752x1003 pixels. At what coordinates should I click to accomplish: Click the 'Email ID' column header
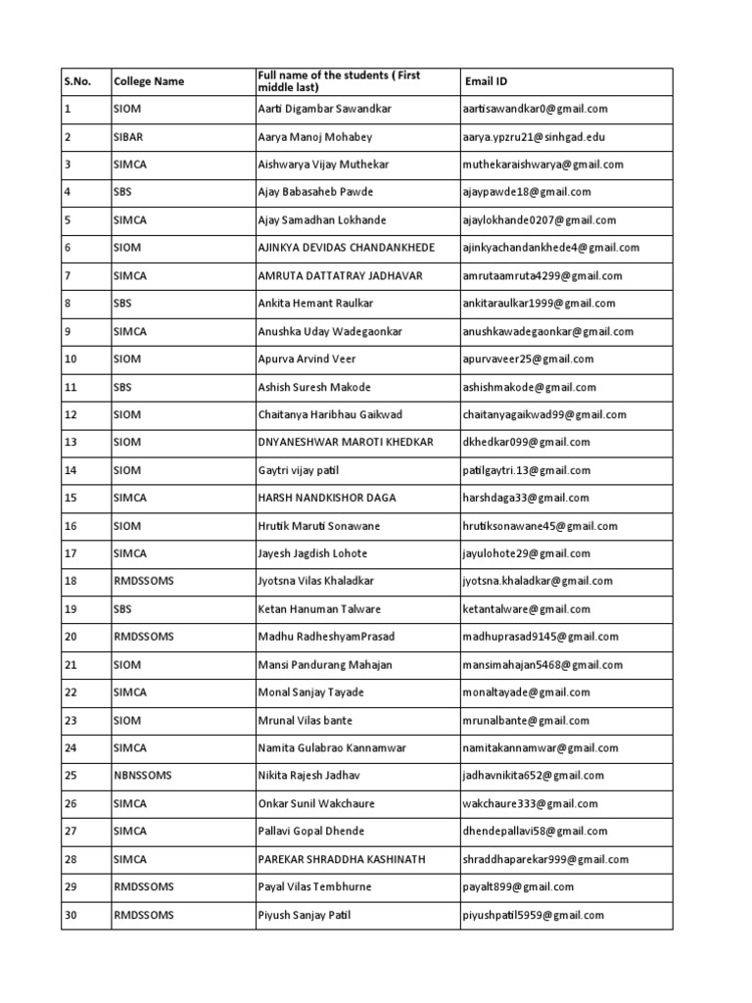[x=486, y=82]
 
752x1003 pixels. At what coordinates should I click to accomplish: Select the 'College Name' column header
[x=149, y=82]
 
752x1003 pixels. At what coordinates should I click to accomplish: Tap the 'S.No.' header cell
[x=77, y=82]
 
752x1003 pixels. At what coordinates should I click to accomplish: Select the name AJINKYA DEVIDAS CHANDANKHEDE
[x=346, y=248]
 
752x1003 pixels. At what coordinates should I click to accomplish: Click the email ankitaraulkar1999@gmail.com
[x=539, y=304]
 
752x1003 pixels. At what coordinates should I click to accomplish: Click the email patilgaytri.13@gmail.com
[x=526, y=470]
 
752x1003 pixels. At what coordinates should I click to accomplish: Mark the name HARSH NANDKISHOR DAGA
[x=327, y=498]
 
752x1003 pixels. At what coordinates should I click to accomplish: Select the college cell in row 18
[x=143, y=581]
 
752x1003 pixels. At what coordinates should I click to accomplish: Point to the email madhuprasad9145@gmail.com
[x=540, y=637]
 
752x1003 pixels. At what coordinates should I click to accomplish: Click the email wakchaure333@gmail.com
[x=530, y=804]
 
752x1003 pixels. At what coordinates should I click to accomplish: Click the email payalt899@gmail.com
[x=518, y=887]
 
